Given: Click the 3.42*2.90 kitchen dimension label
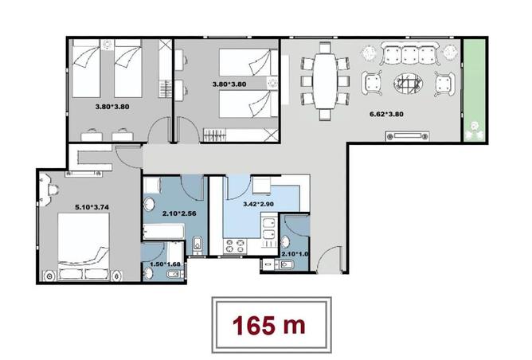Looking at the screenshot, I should point(260,204).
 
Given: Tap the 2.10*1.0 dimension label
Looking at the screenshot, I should point(295,255).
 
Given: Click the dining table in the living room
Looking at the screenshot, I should point(325,80).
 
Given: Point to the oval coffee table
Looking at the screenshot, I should point(409,83).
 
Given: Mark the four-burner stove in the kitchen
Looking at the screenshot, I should point(235,245).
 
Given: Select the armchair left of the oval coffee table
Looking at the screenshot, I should point(373,83).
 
